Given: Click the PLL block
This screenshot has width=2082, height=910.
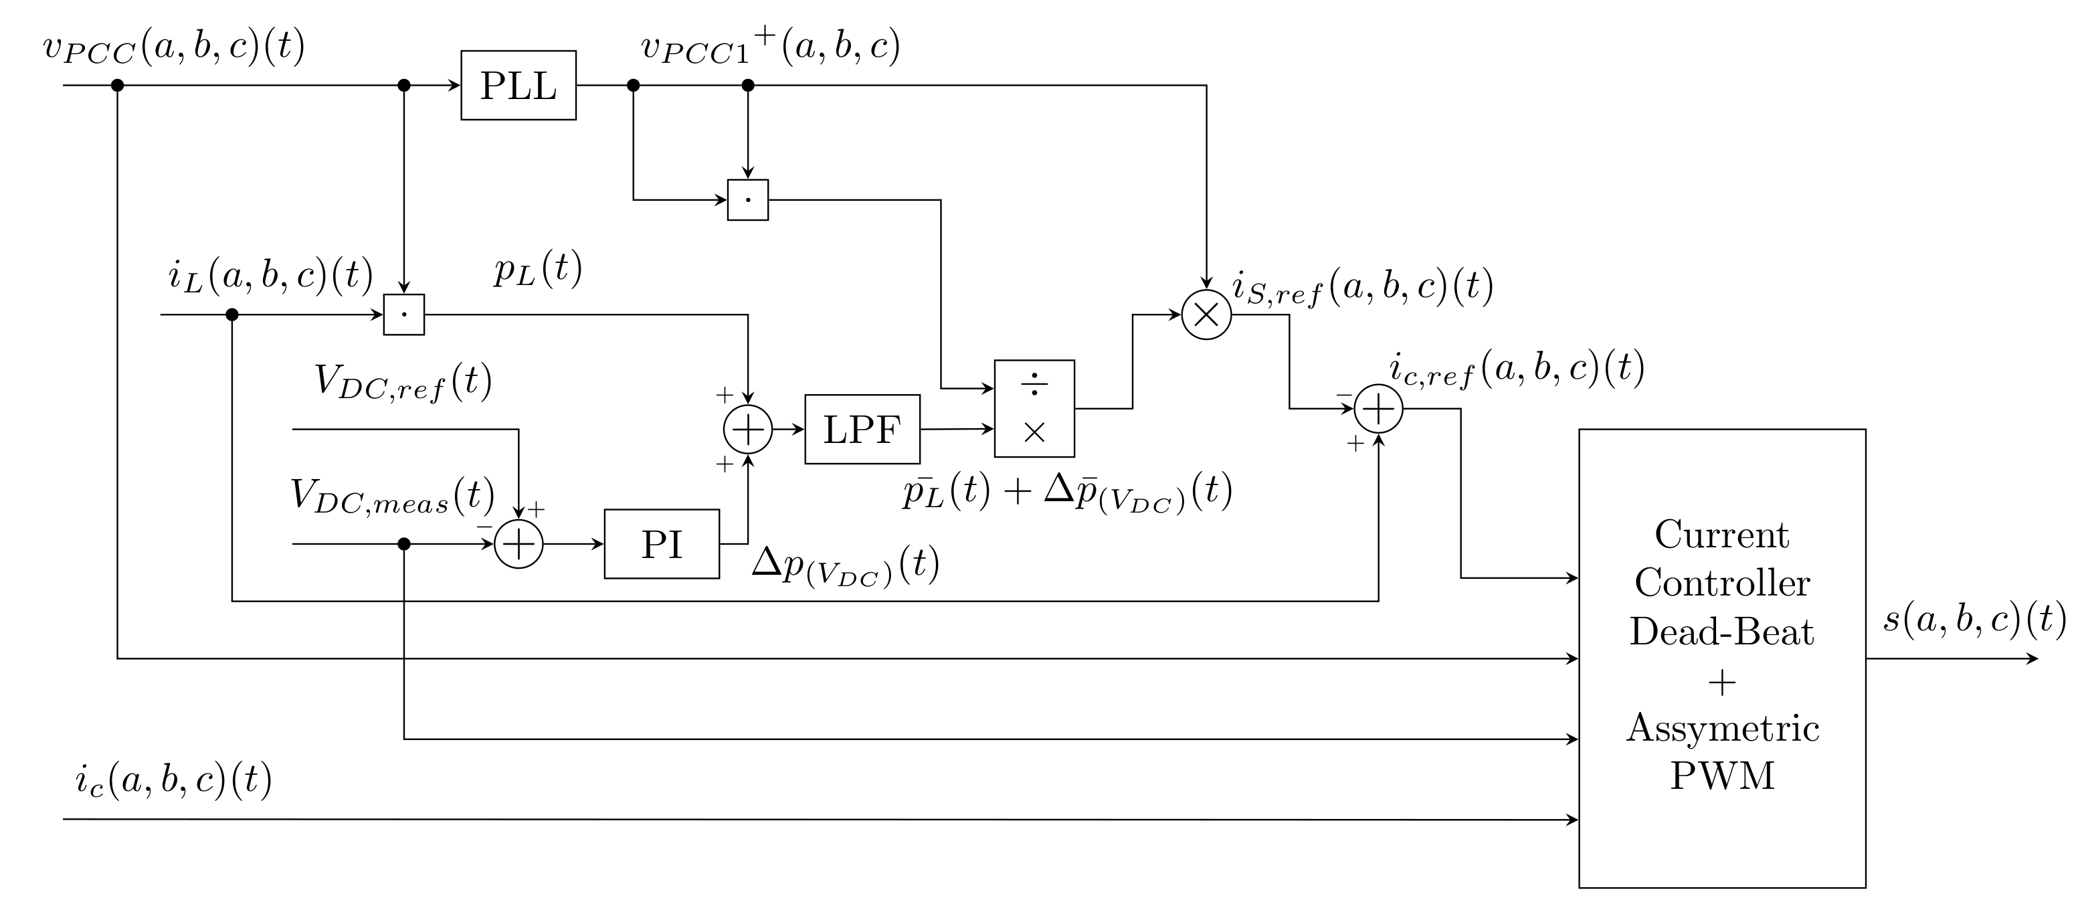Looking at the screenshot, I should tap(518, 86).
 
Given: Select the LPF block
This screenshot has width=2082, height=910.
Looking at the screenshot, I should tap(862, 429).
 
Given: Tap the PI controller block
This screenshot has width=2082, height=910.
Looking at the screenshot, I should tap(661, 544).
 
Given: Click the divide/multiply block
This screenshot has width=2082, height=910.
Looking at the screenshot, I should tap(1034, 409).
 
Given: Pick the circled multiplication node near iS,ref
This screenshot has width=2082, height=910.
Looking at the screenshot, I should tap(1206, 314).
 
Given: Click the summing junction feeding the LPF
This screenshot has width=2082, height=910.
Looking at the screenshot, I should tap(747, 429).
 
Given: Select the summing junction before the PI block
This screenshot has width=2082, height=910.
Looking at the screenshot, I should tap(518, 544).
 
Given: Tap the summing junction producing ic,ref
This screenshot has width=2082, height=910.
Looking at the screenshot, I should tap(1378, 409).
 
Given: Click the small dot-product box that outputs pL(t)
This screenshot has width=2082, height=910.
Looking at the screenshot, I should tap(403, 314).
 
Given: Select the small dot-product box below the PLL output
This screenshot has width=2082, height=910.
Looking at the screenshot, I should tap(747, 199).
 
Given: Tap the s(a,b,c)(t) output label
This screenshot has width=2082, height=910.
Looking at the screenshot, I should tap(1974, 620).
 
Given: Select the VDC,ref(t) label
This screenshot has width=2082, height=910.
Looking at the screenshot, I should tap(403, 382).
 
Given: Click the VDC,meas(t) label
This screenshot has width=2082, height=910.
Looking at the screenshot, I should tap(392, 497).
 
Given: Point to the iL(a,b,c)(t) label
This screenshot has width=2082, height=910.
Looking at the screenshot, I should tap(270, 276).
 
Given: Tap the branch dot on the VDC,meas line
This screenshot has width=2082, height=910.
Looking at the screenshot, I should tap(404, 544).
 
